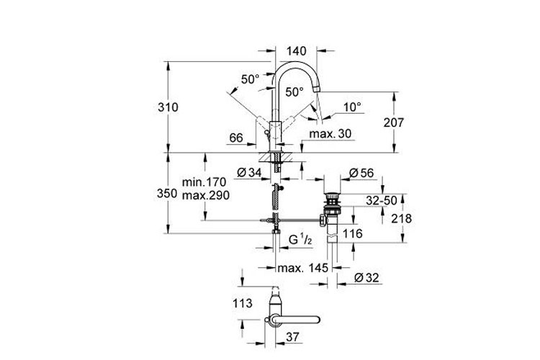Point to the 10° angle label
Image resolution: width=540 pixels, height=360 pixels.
coord(352,107)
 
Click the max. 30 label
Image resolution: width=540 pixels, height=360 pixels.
coord(329,135)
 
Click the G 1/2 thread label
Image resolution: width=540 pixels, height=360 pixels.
coord(300,238)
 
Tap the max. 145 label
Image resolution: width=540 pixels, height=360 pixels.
coord(302,268)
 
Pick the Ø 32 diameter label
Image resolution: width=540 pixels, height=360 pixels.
coord(367,276)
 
